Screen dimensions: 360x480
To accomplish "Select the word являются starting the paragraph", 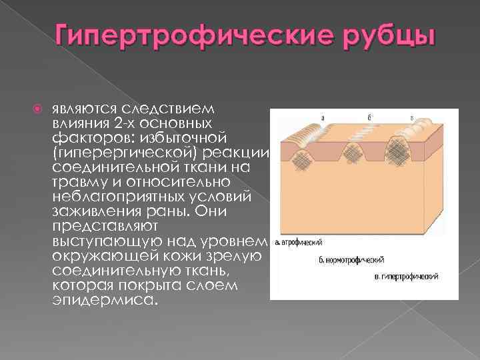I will click(84, 109).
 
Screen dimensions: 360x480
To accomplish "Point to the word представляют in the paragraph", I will click(95, 226).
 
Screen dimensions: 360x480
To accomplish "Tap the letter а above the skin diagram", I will click(323, 118).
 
